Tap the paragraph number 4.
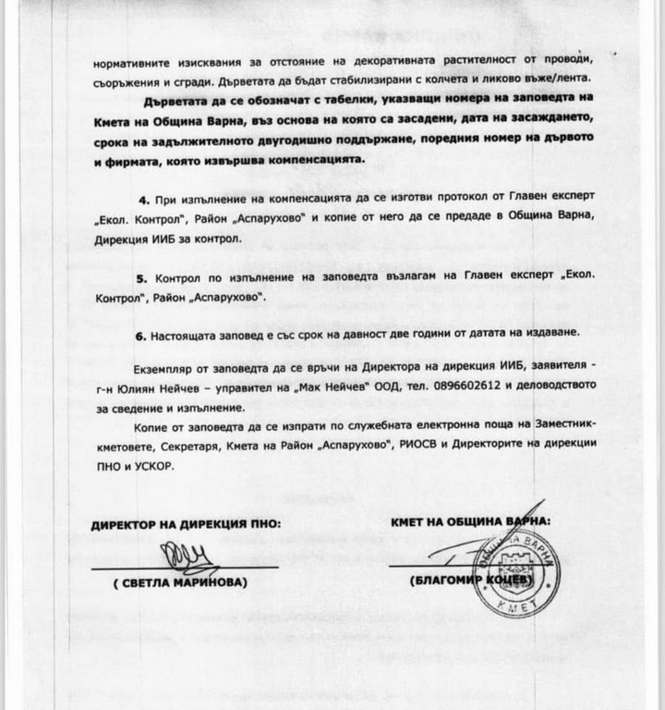click(x=142, y=200)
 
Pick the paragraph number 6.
click(x=142, y=331)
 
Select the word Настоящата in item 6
click(x=197, y=331)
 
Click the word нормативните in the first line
click(x=132, y=65)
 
